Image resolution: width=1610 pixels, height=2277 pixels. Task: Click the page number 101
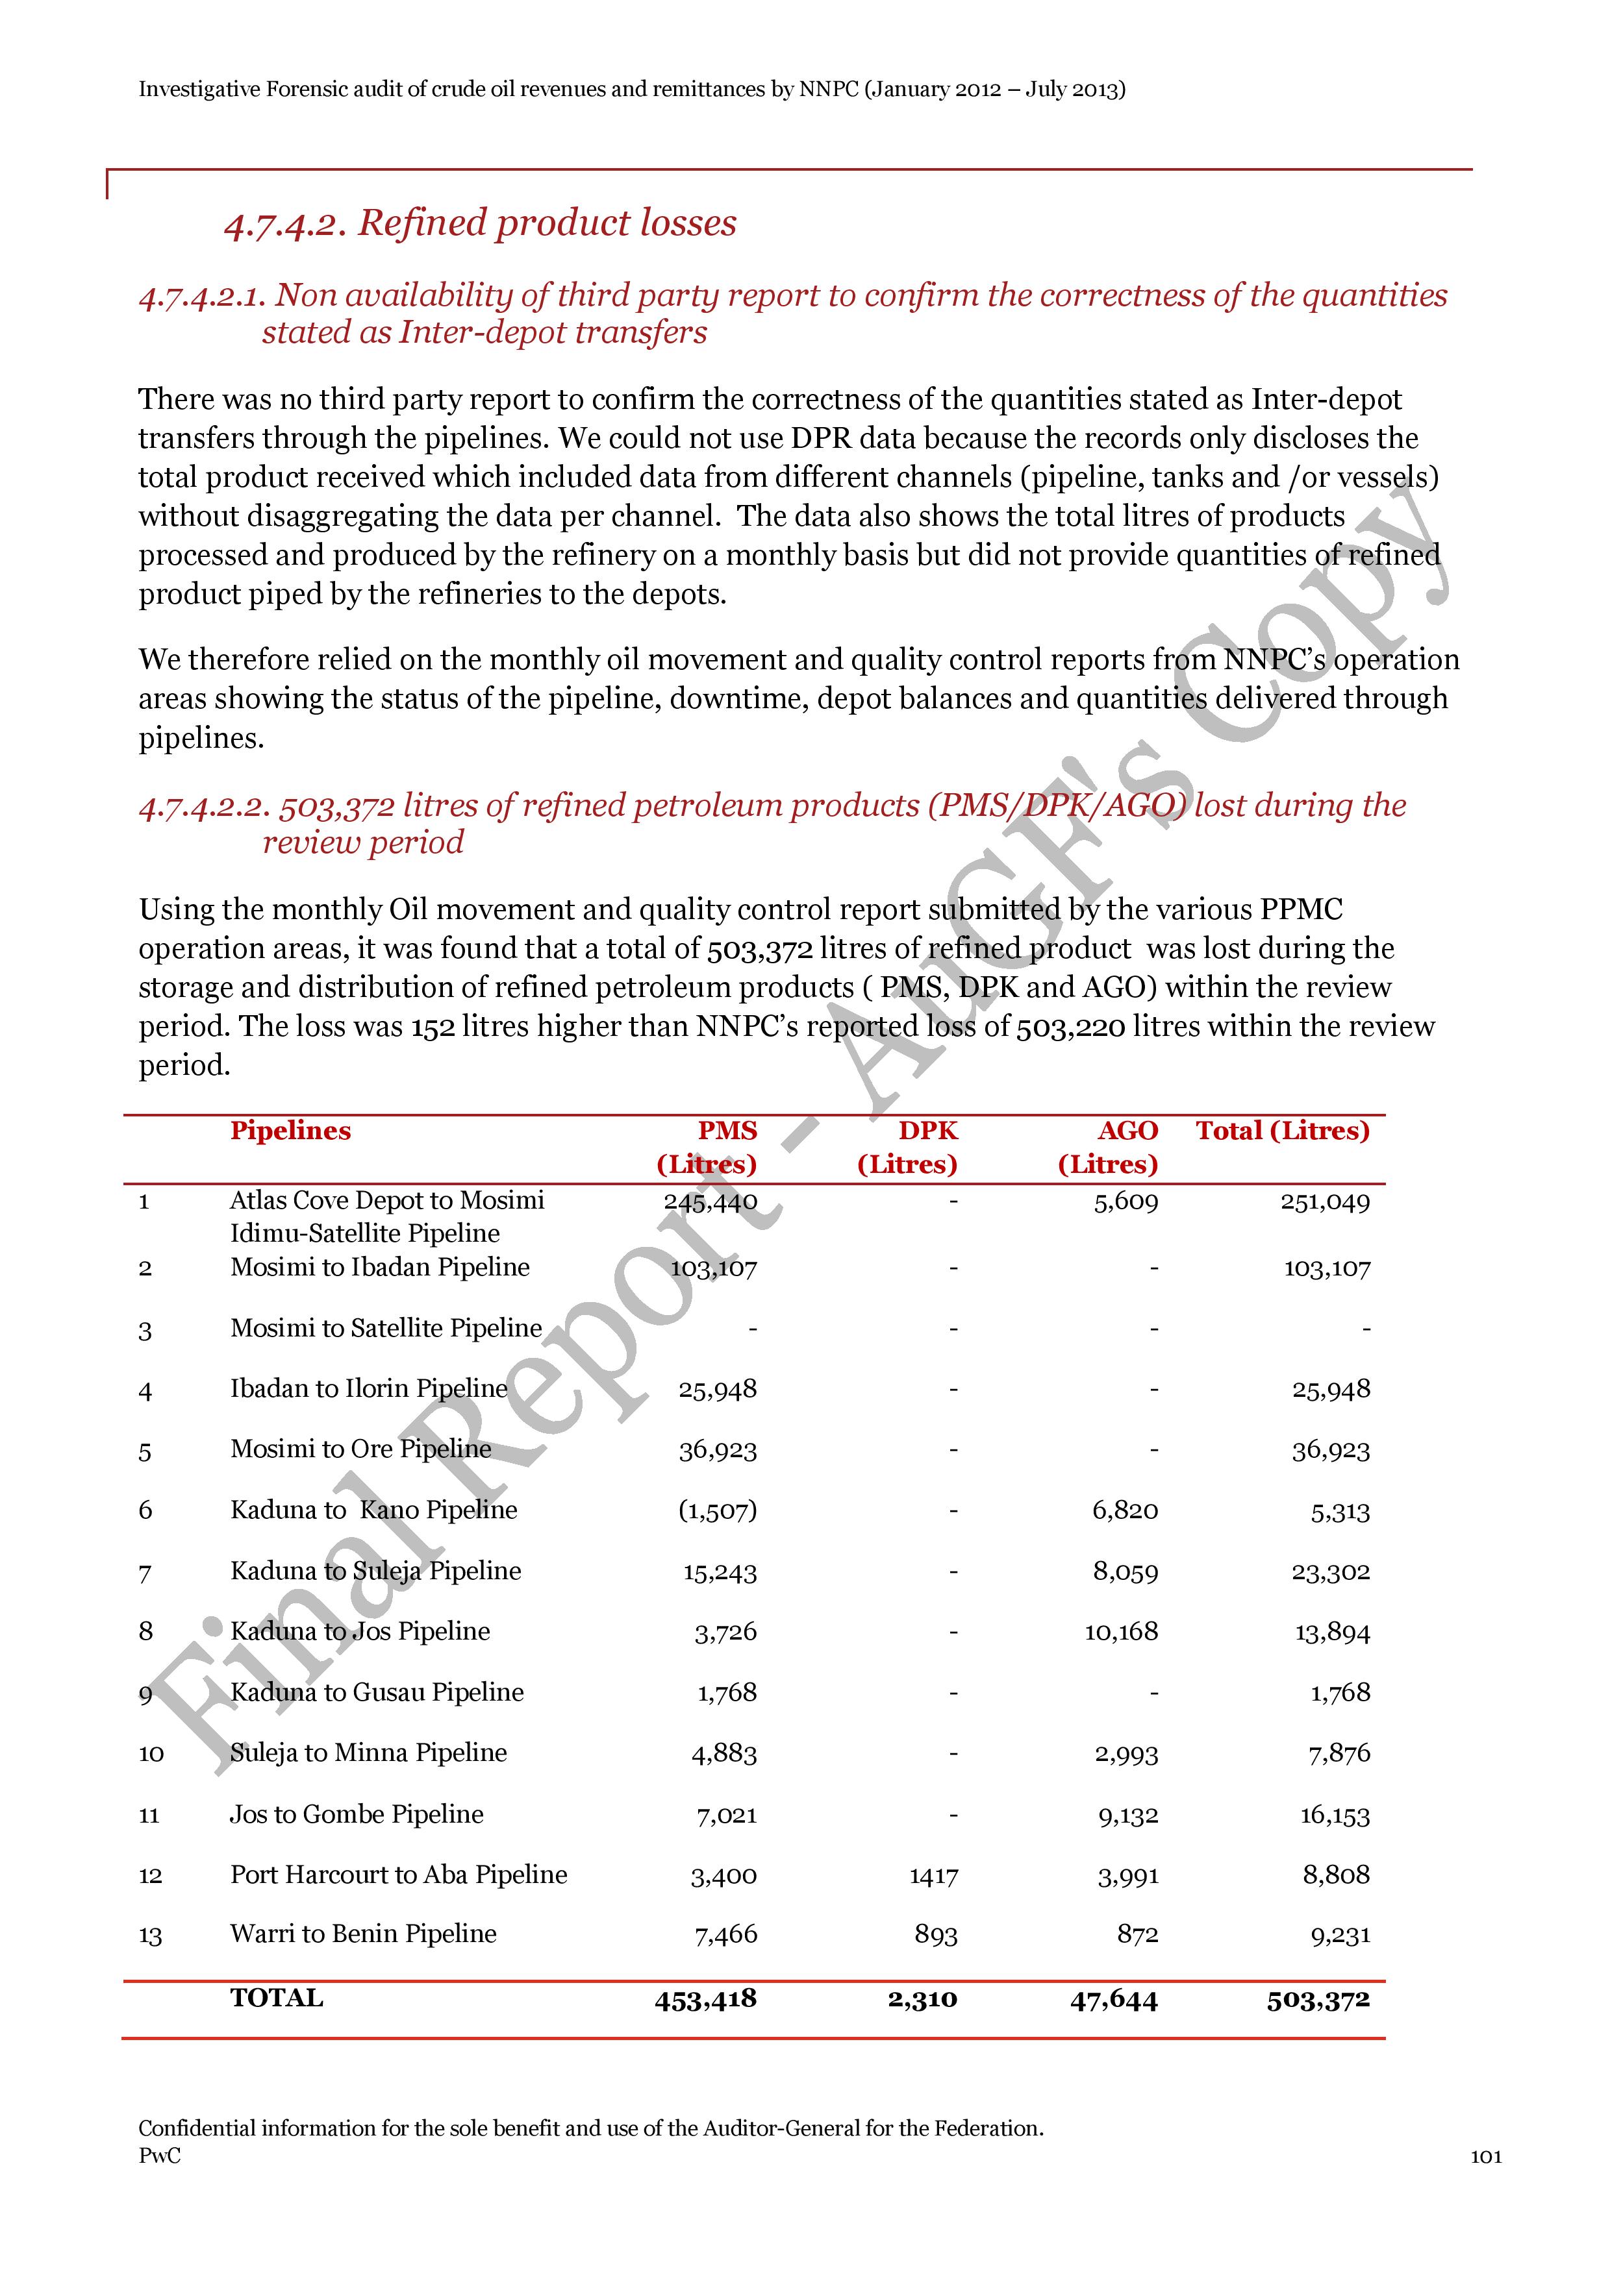1485,2156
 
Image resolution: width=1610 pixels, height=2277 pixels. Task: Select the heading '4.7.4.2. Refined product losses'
480,223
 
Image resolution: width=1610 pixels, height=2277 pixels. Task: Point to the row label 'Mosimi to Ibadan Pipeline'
380,1268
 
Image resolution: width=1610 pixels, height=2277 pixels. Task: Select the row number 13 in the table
150,1935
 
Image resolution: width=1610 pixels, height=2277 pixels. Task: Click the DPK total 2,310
922,1999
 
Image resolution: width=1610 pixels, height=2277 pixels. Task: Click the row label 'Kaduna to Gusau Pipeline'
377,1692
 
